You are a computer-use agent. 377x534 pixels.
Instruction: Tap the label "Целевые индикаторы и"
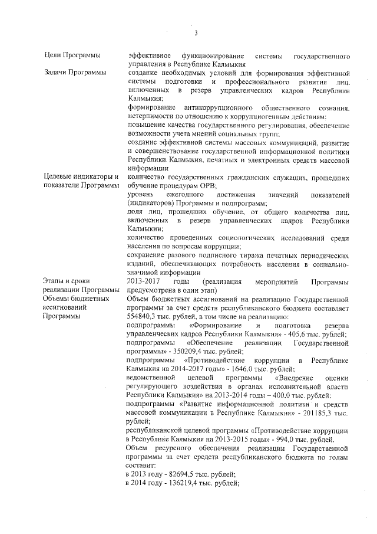point(82,177)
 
